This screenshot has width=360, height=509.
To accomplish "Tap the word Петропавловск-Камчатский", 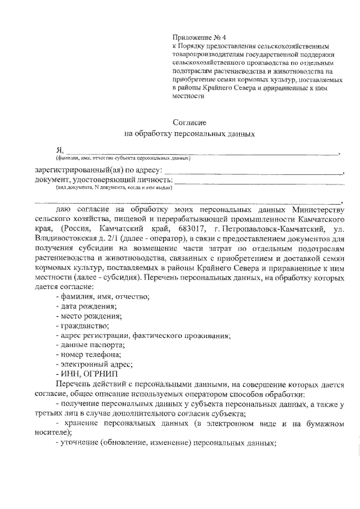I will pos(285,229).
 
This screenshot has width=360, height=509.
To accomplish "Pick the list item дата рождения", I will pos(88,307).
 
